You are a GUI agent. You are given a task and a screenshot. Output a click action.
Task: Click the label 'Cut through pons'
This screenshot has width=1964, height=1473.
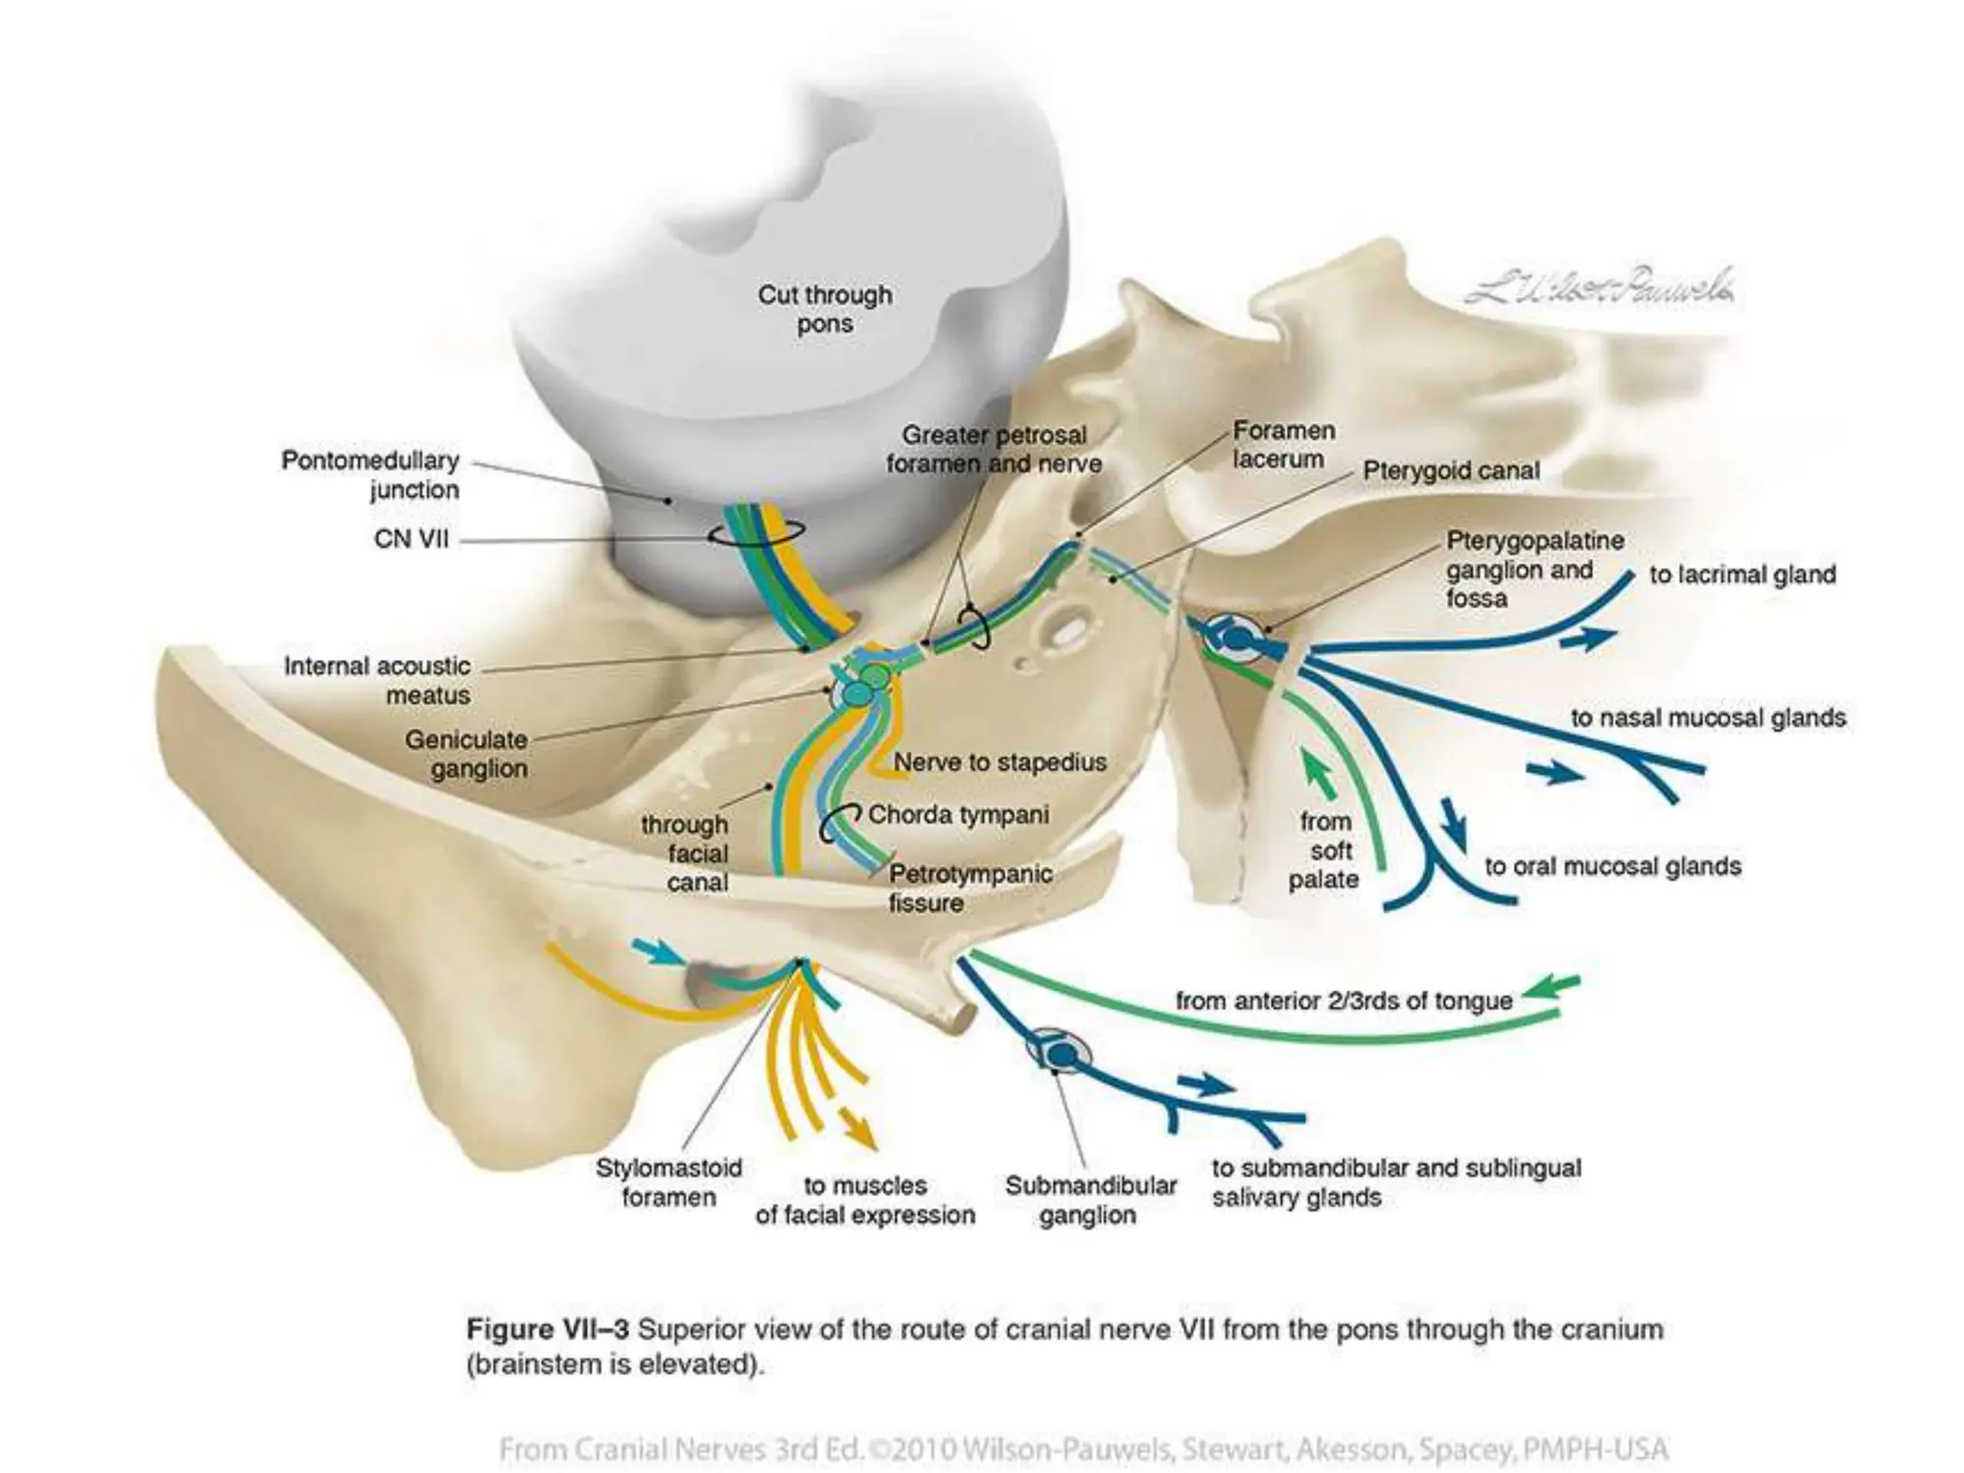[x=825, y=309]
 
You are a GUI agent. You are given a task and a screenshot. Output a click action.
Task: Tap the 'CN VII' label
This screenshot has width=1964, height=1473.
[x=411, y=539]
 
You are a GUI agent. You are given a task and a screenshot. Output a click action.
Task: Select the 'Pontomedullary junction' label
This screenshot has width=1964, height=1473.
[x=370, y=475]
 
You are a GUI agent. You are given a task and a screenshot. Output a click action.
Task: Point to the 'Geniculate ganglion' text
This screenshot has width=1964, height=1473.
[x=466, y=754]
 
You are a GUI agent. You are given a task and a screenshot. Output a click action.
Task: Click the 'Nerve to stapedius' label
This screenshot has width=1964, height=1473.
[x=1000, y=762]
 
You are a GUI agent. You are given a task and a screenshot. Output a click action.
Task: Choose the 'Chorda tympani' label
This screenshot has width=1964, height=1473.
[x=958, y=815]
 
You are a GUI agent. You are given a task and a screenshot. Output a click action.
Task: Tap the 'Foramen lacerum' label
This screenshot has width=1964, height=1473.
[x=1283, y=445]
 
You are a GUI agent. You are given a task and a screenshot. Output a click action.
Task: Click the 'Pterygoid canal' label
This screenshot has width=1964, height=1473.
[x=1451, y=471]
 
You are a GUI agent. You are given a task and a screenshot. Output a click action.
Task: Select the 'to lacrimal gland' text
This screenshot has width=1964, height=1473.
[x=1742, y=574]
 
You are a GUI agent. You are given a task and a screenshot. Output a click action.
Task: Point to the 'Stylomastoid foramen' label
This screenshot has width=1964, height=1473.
[x=668, y=1182]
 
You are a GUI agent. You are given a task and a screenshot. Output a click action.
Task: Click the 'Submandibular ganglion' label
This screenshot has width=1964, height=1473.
[x=1090, y=1200]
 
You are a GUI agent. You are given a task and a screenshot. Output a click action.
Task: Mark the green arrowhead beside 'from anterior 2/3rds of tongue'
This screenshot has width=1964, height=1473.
[x=1550, y=986]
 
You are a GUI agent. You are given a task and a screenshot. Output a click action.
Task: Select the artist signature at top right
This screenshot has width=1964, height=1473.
[x=1600, y=286]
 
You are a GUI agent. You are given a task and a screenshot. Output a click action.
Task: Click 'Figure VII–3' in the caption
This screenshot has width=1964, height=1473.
[x=547, y=1329]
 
